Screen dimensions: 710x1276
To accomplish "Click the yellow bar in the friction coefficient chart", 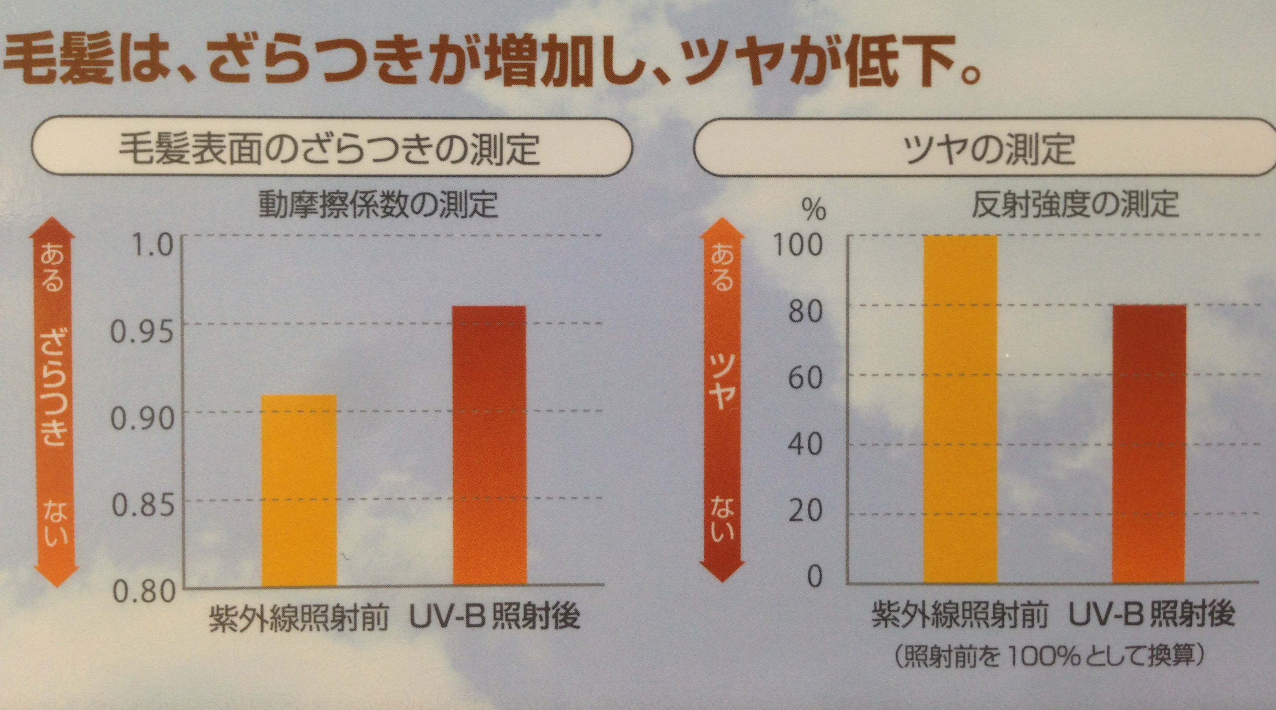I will click(299, 490).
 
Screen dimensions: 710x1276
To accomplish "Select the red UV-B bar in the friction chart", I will click(489, 446).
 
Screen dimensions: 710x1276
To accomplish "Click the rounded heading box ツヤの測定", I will click(983, 147).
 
